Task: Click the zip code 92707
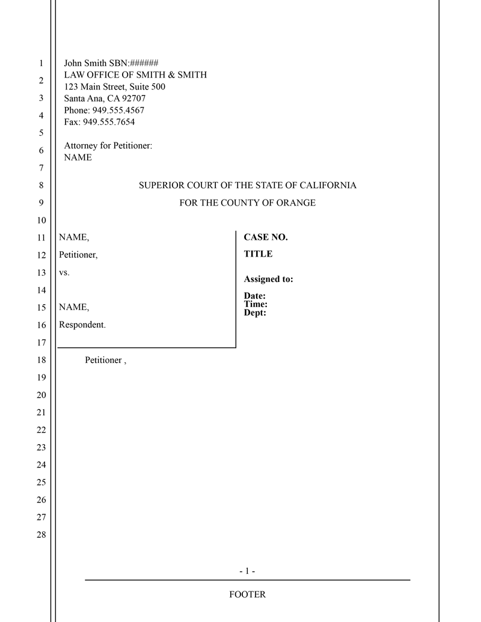(134, 99)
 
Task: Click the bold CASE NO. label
(266, 237)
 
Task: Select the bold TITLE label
(258, 254)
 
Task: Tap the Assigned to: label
(268, 279)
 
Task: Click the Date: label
(255, 296)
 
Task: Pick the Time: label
(256, 304)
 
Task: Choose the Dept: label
(255, 313)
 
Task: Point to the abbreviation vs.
(64, 272)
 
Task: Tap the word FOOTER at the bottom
(247, 595)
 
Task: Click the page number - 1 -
(247, 571)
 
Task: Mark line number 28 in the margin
(41, 535)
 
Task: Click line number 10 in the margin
(41, 220)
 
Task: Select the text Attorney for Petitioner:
(108, 145)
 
